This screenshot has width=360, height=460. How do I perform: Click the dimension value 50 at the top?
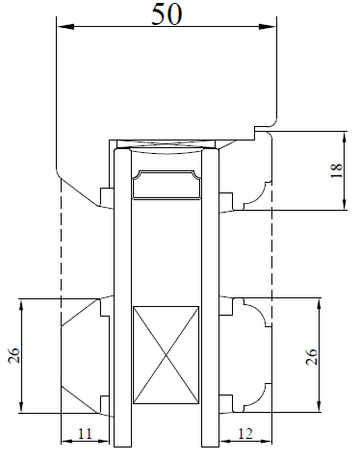167,14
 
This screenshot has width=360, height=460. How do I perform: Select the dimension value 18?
337,170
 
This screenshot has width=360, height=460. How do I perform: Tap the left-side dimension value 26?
14,355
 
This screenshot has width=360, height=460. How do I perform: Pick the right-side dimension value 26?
311,356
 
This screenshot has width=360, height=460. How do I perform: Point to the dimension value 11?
85,434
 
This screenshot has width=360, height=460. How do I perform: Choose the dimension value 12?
245,434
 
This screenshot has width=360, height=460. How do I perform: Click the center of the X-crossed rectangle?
166,355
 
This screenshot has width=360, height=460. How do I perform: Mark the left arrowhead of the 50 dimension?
65,27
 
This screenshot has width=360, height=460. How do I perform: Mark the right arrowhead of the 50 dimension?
268,27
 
